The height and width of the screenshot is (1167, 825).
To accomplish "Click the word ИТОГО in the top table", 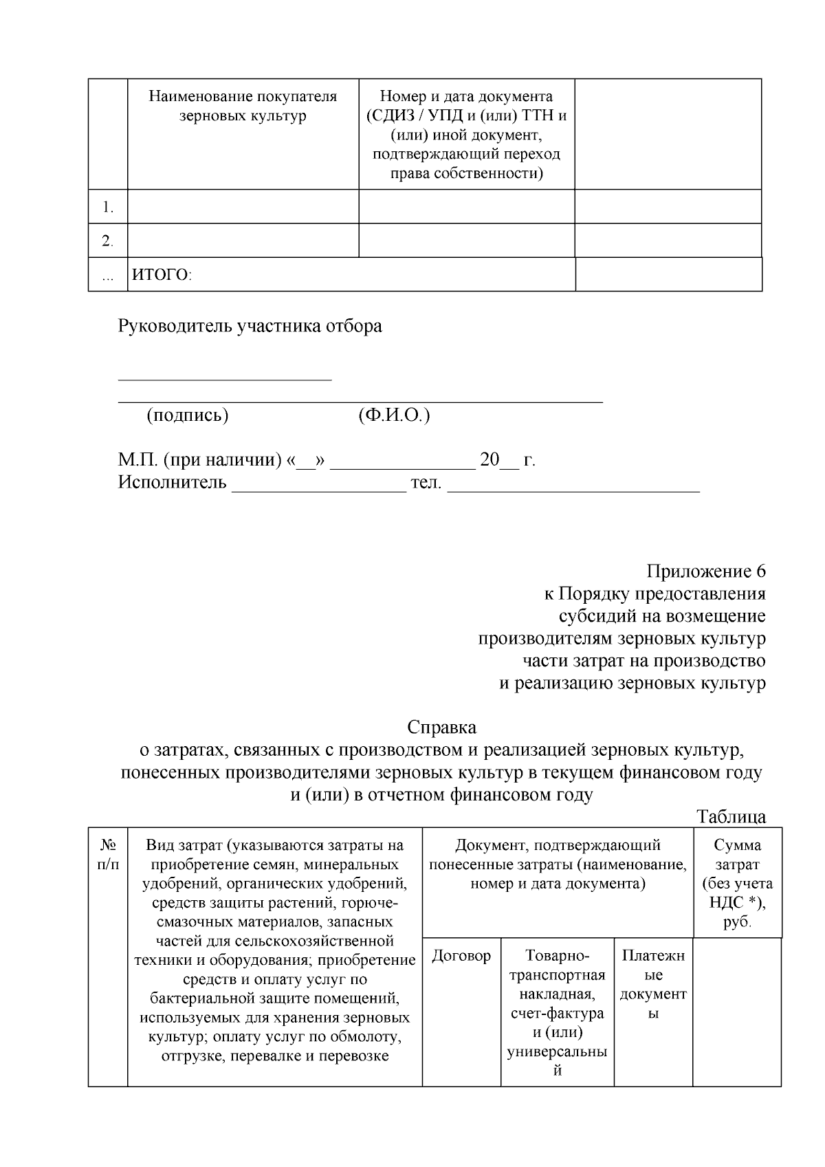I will (161, 275).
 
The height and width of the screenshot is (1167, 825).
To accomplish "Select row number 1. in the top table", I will (108, 207).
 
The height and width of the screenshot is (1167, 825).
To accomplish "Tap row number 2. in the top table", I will (108, 241).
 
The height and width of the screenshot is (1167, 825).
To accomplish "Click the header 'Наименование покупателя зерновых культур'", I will (243, 106).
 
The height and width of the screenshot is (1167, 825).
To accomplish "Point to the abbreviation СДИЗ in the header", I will (390, 115).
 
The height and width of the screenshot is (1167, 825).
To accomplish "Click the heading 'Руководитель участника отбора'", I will (250, 325).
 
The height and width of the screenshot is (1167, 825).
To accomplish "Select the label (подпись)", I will (187, 415).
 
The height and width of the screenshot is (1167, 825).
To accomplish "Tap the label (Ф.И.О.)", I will (394, 415).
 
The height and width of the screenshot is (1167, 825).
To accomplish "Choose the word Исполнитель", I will (172, 482).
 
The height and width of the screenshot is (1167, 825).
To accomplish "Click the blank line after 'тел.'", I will (573, 487).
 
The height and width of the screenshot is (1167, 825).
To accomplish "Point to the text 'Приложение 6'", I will (705, 571).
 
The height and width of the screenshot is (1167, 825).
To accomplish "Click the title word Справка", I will (441, 727).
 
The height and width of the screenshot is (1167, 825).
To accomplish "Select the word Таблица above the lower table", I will (731, 817).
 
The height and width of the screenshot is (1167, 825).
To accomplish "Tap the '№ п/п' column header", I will (108, 854).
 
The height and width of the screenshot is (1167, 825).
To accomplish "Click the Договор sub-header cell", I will (461, 956).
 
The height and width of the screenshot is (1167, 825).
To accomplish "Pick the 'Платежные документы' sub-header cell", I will (653, 984).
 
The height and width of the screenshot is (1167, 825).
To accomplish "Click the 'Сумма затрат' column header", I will (737, 883).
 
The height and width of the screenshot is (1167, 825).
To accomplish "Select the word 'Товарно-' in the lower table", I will (557, 956).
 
